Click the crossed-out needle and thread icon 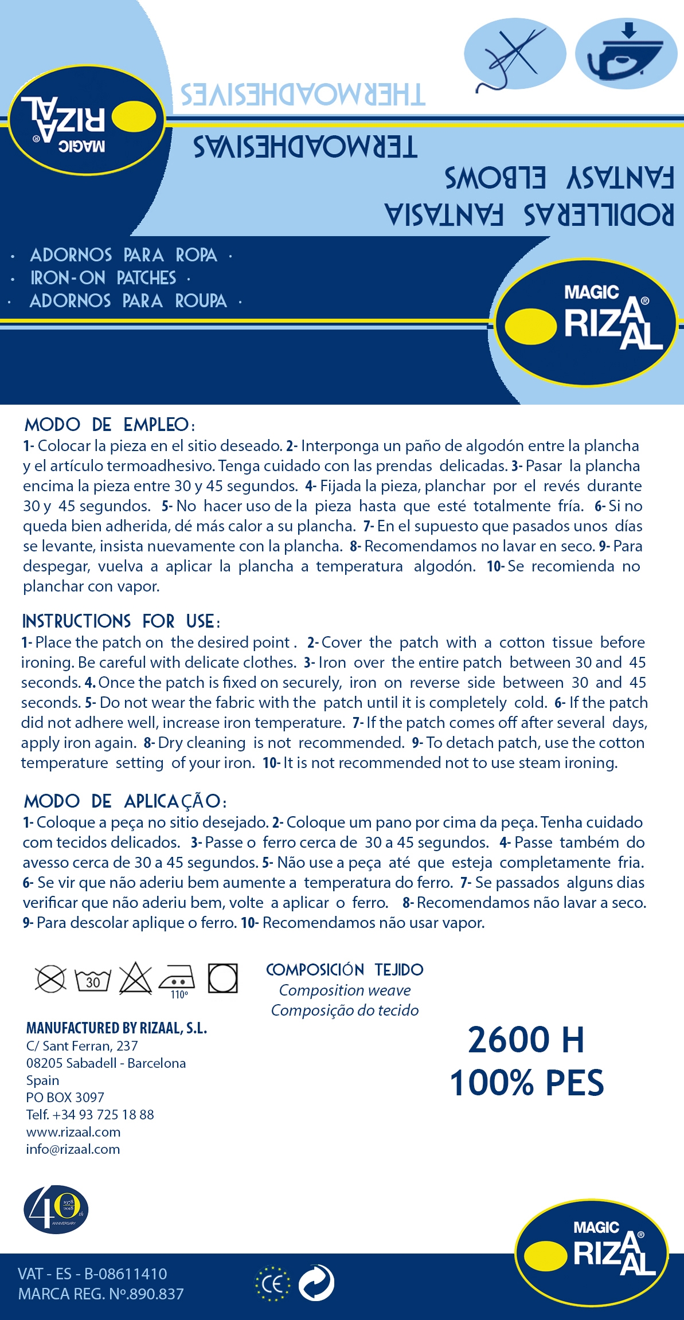pyautogui.click(x=514, y=54)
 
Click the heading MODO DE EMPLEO pyautogui.click(x=110, y=425)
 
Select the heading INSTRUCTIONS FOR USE pyautogui.click(x=120, y=621)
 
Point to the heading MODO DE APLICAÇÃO pyautogui.click(x=125, y=801)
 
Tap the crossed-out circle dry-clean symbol pyautogui.click(x=50, y=978)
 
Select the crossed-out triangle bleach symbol pyautogui.click(x=135, y=978)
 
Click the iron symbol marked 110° pyautogui.click(x=177, y=980)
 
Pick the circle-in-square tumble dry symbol pyautogui.click(x=222, y=978)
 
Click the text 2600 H pyautogui.click(x=526, y=1040)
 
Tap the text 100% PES pyautogui.click(x=527, y=1083)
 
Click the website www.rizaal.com pyautogui.click(x=73, y=1132)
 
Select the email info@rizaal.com pyautogui.click(x=73, y=1149)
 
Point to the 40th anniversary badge pyautogui.click(x=56, y=1209)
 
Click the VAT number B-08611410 pyautogui.click(x=125, y=1274)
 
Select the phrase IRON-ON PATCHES pyautogui.click(x=103, y=278)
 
